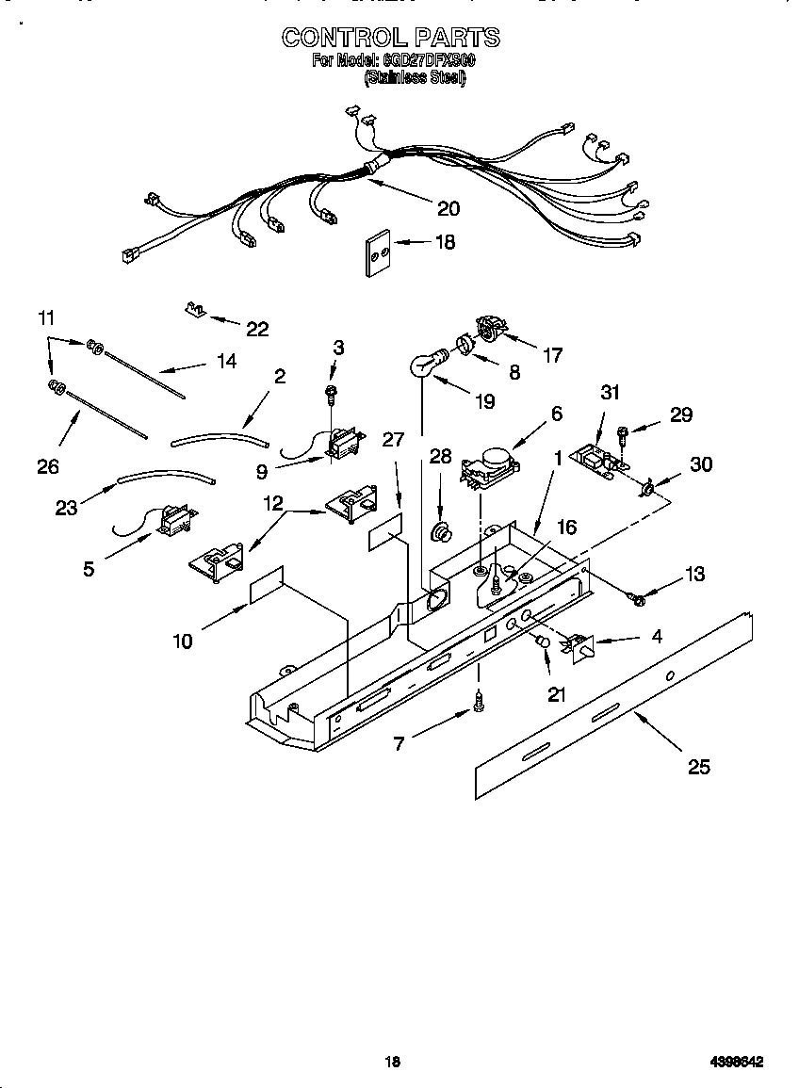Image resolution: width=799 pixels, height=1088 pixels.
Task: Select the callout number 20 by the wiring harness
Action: pos(448,208)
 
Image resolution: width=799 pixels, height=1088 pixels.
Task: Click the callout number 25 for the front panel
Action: pos(698,767)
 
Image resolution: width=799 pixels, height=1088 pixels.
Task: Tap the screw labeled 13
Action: pos(635,597)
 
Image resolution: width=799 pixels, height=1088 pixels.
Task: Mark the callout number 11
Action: pos(46,317)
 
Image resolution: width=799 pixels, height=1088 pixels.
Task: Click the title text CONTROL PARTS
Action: pos(391,37)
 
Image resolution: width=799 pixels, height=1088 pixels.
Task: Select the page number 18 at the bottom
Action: pos(393,1062)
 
